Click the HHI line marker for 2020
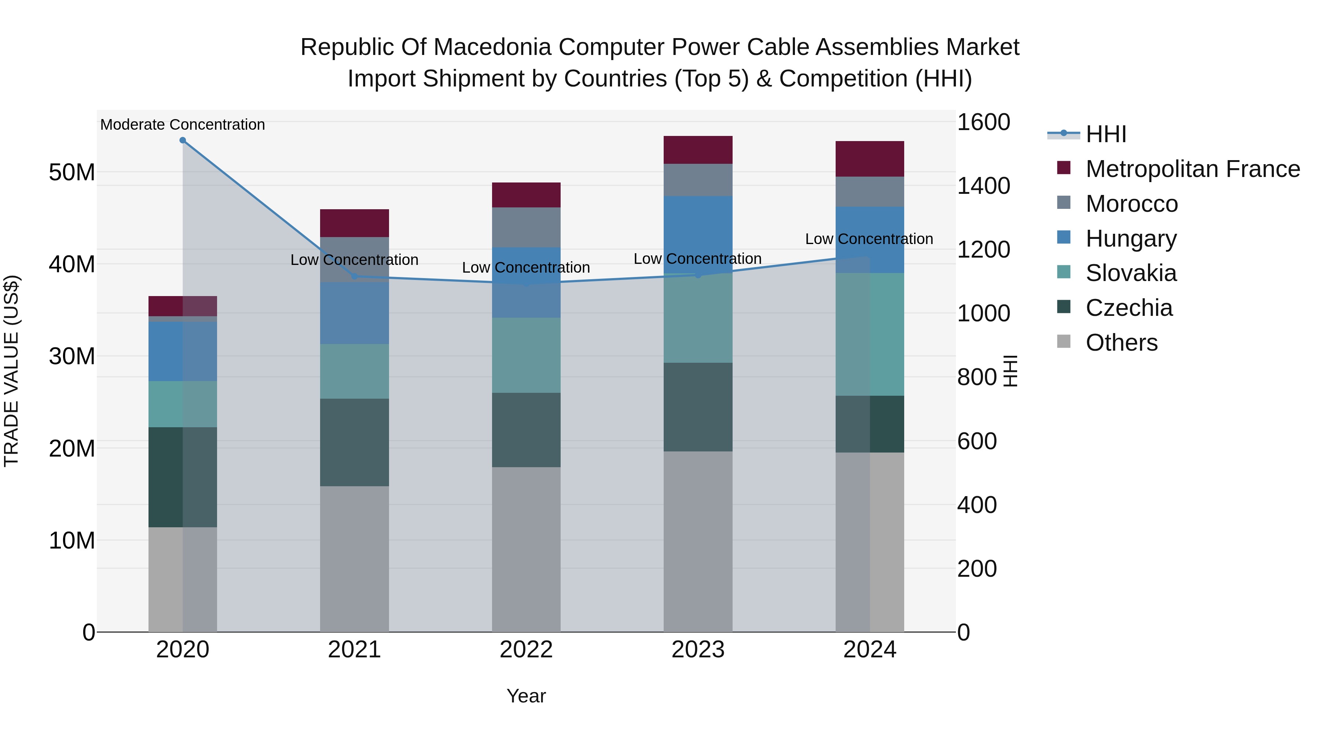click(183, 140)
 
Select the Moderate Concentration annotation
click(183, 125)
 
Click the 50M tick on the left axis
click(72, 173)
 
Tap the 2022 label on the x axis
click(526, 650)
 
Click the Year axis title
click(526, 696)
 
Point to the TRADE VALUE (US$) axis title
click(11, 371)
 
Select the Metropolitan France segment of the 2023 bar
click(697, 150)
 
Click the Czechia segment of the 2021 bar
click(354, 442)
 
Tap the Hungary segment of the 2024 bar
click(870, 240)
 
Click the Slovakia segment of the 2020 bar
click(183, 404)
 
